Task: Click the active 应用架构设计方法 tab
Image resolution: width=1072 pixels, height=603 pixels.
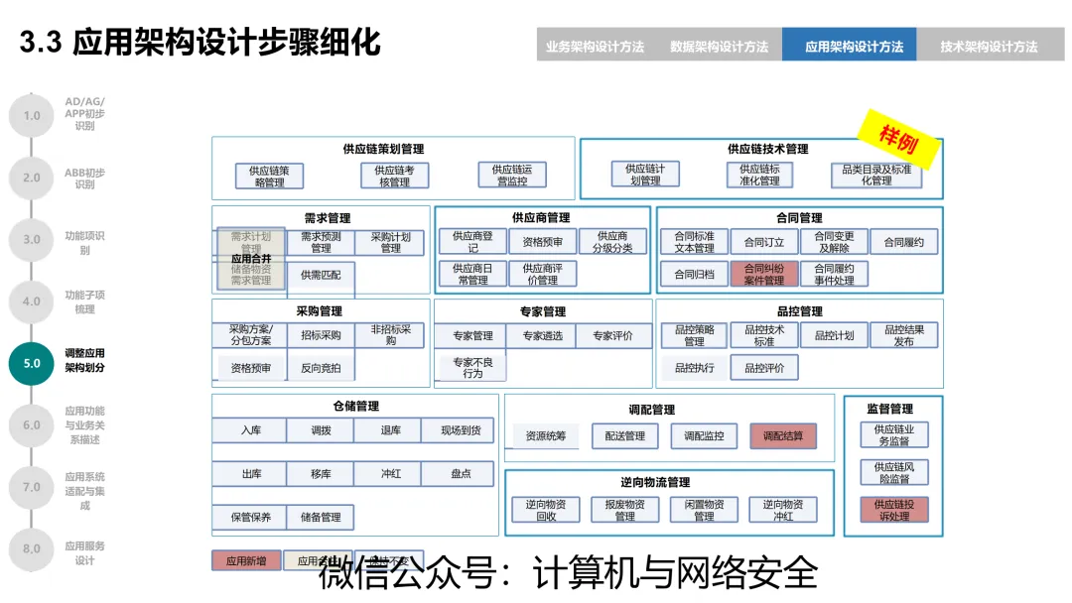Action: coord(854,46)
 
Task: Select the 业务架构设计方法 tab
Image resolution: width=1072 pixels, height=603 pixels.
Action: coord(595,46)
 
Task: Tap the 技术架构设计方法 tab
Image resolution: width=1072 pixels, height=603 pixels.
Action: coord(989,46)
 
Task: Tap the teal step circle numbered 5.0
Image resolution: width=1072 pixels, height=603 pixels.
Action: coord(32,363)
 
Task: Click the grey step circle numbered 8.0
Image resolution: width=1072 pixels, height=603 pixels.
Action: coord(32,547)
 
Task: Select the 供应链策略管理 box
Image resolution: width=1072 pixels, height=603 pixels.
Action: coord(269,176)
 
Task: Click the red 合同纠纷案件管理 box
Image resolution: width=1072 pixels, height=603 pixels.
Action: coord(763,274)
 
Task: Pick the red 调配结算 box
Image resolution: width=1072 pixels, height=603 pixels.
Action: coord(783,435)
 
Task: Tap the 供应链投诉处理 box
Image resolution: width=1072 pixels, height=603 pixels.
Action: coord(893,510)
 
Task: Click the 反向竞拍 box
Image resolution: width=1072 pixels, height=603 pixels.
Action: coord(321,368)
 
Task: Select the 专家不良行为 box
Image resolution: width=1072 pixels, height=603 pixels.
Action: coord(471,368)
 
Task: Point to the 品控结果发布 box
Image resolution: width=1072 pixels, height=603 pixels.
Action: coord(903,335)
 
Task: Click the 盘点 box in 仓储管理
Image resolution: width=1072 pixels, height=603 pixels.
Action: coord(461,474)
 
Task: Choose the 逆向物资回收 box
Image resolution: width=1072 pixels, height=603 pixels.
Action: coord(546,510)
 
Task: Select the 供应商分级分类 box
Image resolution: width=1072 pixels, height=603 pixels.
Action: coord(612,242)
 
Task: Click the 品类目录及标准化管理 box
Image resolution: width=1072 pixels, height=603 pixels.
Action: coord(876,176)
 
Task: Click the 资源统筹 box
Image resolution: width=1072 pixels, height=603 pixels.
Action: coord(546,435)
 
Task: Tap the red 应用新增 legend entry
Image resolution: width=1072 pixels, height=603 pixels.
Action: coord(246,561)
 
